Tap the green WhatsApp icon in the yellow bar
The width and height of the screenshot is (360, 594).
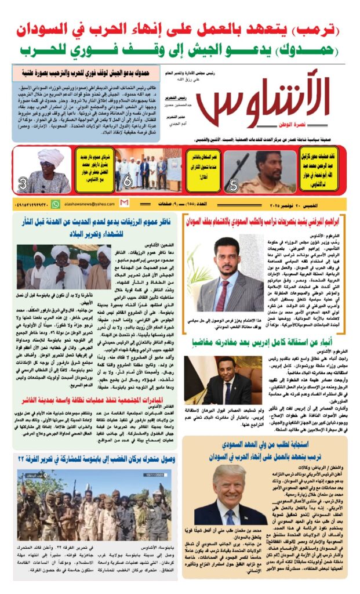pyautogui.click(x=56, y=204)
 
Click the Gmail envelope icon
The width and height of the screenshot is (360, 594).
pyautogui.click(x=124, y=204)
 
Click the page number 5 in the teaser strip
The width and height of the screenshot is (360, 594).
pyautogui.click(x=232, y=186)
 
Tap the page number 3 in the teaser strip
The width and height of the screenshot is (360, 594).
pyautogui.click(x=23, y=186)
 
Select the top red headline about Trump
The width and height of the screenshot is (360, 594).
pyautogui.click(x=179, y=28)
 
